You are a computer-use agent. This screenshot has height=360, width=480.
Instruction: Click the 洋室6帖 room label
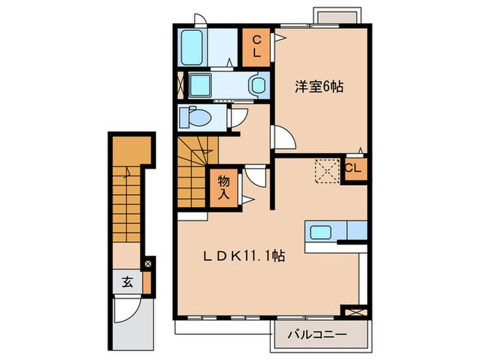click(320, 87)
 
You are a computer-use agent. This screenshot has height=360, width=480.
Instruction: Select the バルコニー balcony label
click(317, 335)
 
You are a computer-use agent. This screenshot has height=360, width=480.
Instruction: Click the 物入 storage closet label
click(224, 186)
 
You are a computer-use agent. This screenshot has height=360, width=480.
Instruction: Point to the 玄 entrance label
click(128, 281)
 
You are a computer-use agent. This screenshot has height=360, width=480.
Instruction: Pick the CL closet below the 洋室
click(354, 169)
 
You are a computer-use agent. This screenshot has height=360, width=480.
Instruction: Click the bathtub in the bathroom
click(193, 47)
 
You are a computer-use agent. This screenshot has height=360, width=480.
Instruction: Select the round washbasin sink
click(259, 86)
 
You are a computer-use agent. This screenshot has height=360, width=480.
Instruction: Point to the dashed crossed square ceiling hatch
click(326, 169)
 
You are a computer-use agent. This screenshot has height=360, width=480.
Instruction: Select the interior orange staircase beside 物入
click(195, 168)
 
